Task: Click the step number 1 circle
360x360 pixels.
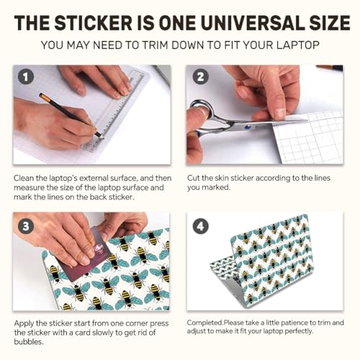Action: pos(26,77)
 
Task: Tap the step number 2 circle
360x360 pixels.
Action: pos(200,77)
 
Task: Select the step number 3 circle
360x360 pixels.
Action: pos(26,226)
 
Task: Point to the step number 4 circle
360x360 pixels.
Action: pos(200,226)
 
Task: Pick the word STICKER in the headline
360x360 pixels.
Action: pos(94,23)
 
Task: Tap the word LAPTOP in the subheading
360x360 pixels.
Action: pos(297,45)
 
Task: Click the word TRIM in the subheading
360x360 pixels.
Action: pos(156,45)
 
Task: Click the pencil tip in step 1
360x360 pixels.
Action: pos(102,137)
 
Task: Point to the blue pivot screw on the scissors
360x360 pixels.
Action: pos(247,127)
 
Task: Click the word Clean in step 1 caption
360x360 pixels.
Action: pos(24,178)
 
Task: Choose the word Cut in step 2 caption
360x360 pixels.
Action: pos(194,178)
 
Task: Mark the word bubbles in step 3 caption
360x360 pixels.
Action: pos(29,341)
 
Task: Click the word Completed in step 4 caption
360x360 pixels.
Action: pos(204,323)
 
